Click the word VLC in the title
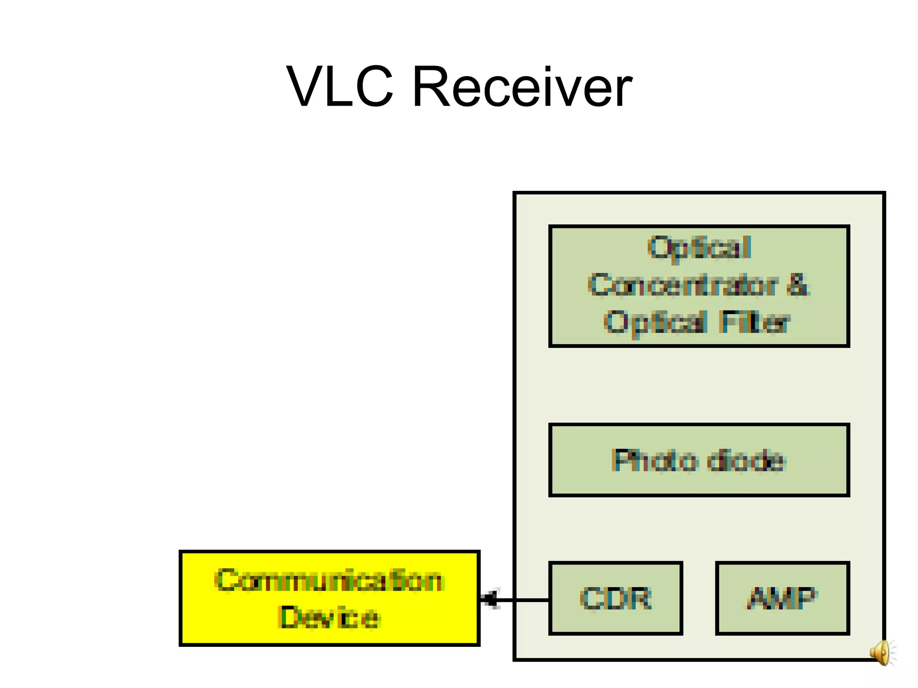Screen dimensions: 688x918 [x=340, y=86]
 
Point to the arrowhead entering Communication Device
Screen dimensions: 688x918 [x=489, y=599]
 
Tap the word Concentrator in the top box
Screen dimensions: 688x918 [x=683, y=285]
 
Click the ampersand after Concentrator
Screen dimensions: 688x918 [x=798, y=285]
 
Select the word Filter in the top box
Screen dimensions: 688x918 [x=754, y=322]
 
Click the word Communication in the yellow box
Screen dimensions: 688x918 [x=329, y=580]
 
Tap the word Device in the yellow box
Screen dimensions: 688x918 [x=329, y=618]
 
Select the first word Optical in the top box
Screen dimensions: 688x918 [x=699, y=248]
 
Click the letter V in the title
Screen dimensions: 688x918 [x=305, y=86]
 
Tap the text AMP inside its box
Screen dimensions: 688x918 [x=782, y=598]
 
